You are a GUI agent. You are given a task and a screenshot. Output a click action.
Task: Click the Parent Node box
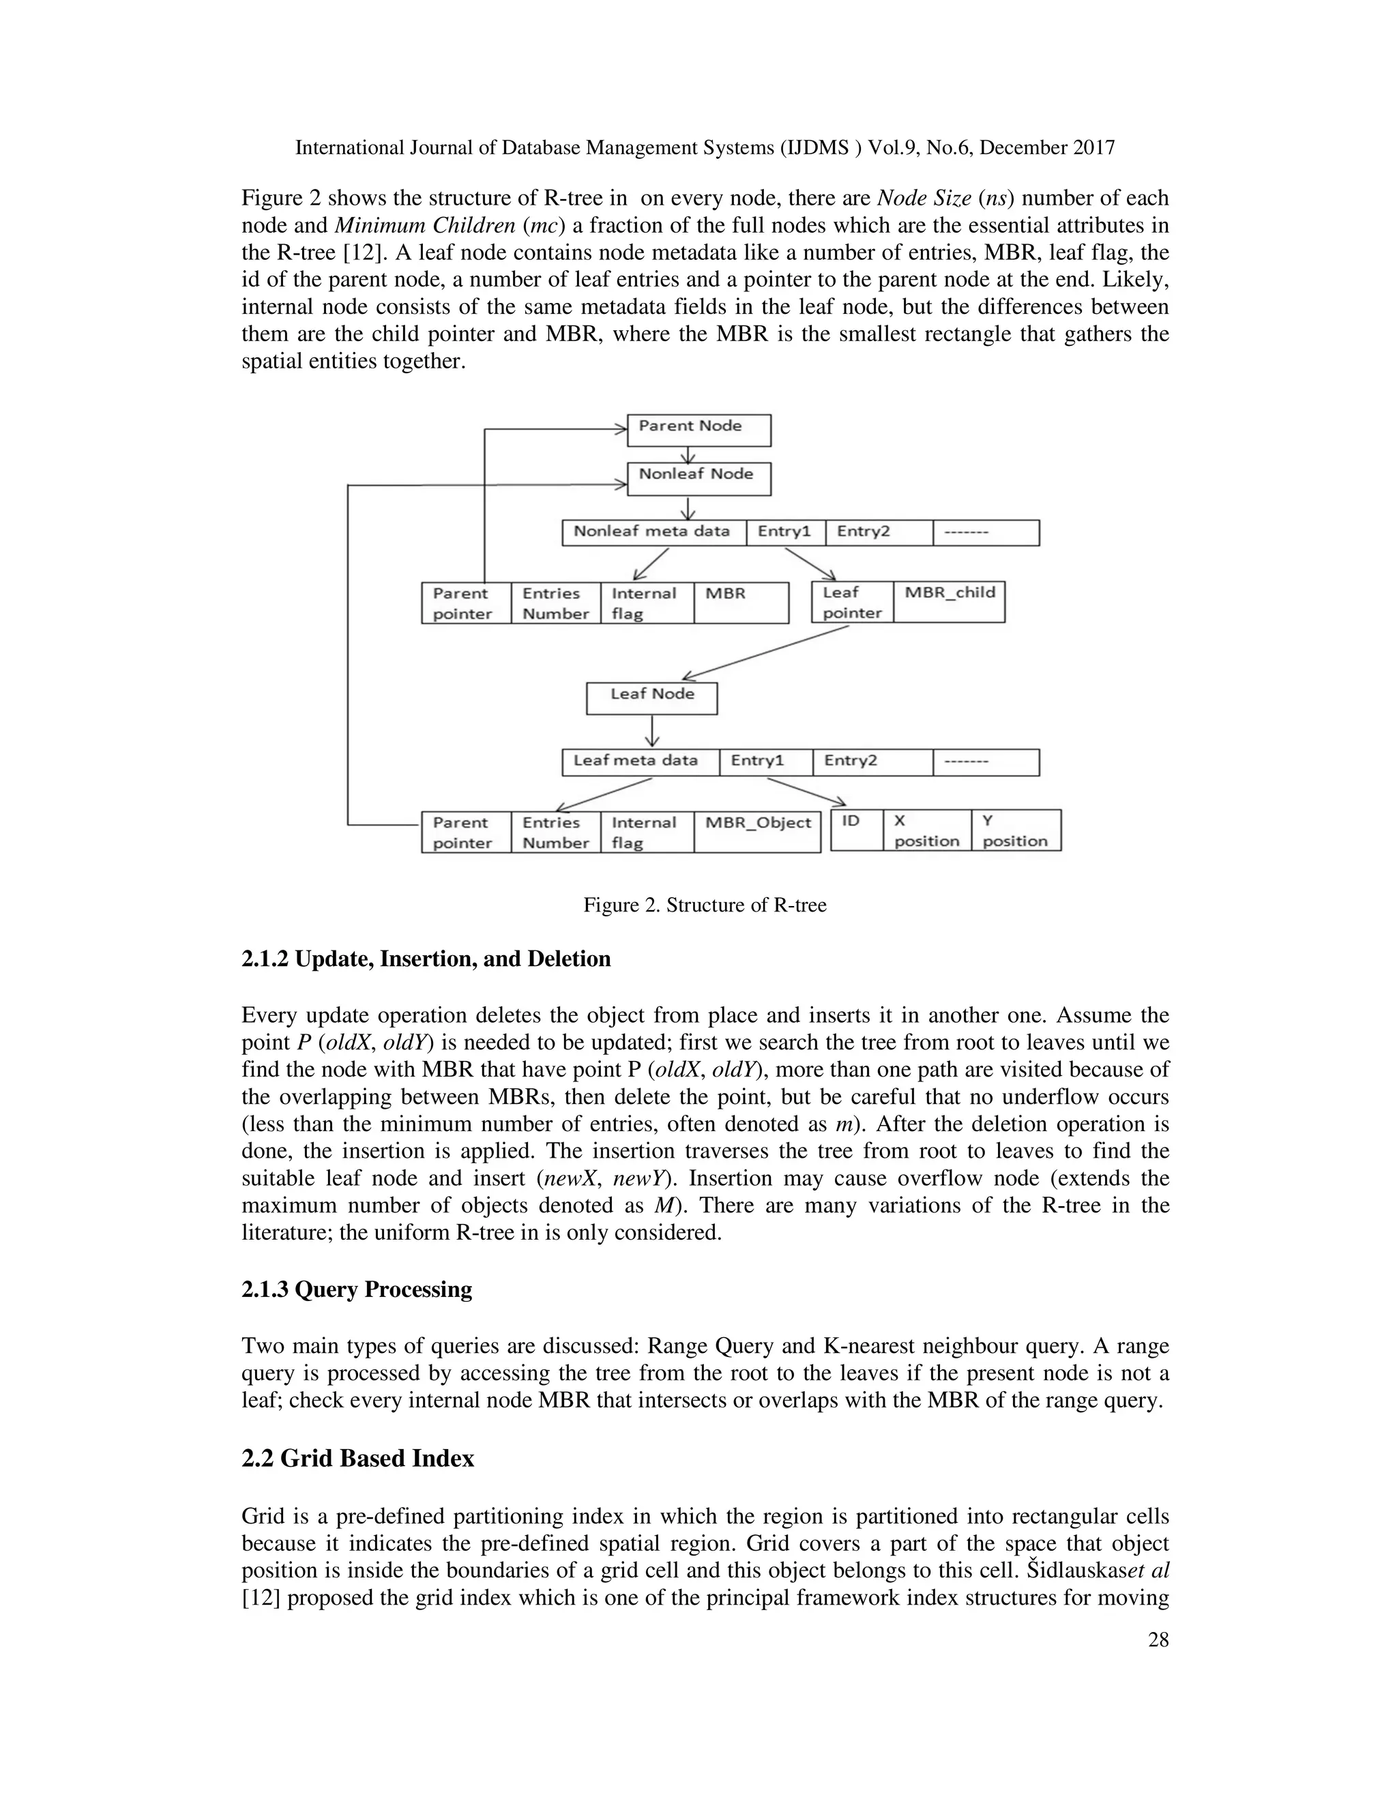[x=698, y=430]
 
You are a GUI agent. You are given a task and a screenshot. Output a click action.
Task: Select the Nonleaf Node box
[x=698, y=478]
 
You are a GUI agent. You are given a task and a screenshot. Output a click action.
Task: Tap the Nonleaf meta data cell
[x=653, y=532]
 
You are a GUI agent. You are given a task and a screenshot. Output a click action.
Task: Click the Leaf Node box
[x=651, y=697]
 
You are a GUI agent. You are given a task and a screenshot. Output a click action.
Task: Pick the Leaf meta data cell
[x=640, y=761]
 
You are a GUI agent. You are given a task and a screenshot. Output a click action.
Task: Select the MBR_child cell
[x=950, y=602]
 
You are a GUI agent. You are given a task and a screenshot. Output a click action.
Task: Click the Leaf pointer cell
[x=853, y=602]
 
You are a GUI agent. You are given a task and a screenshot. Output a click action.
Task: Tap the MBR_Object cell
[x=757, y=831]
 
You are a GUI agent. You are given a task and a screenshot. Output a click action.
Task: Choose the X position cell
[x=927, y=830]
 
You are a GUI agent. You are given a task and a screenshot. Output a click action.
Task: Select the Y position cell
[x=1016, y=830]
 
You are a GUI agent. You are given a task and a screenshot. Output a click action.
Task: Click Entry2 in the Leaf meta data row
[x=872, y=761]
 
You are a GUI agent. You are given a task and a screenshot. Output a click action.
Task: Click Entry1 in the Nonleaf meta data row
[x=785, y=532]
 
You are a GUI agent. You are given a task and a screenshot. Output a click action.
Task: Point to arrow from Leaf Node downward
[x=653, y=731]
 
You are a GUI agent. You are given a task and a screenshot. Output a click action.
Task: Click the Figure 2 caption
[x=704, y=905]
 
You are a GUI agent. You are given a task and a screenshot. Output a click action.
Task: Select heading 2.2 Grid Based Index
[x=357, y=1458]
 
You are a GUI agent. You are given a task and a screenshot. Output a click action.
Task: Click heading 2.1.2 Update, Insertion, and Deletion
[x=426, y=959]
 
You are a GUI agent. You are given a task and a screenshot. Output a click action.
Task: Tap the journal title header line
[x=704, y=148]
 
